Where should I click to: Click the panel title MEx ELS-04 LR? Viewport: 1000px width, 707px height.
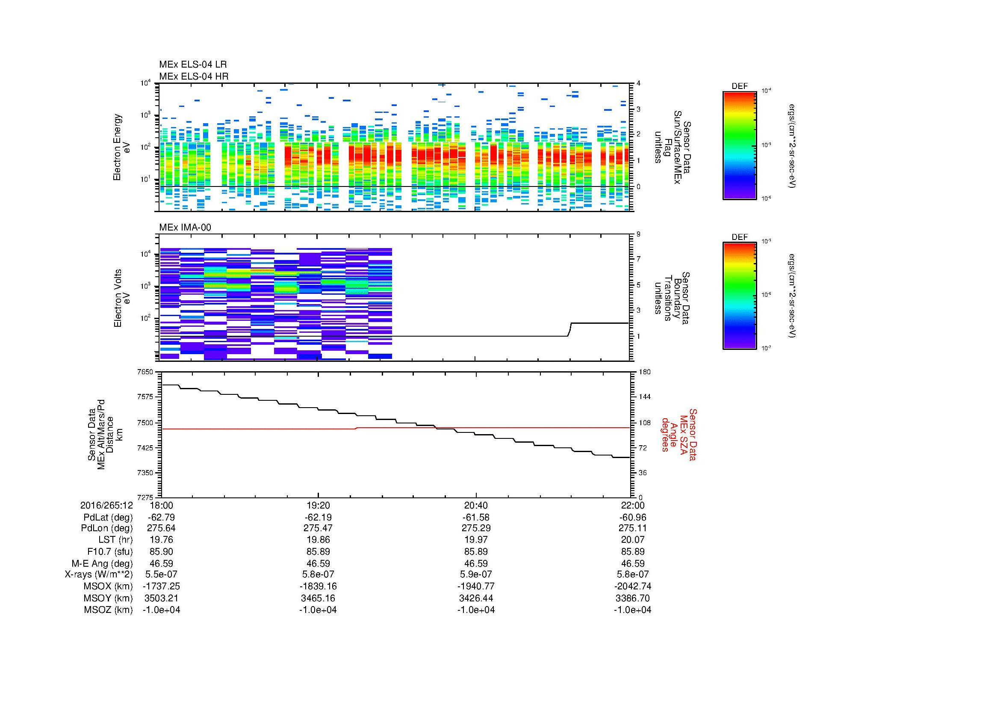tap(192, 65)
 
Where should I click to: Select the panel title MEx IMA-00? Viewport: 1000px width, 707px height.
tap(185, 228)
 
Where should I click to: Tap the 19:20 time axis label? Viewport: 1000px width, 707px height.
tap(318, 505)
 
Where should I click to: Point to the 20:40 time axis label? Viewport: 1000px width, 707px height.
tap(476, 505)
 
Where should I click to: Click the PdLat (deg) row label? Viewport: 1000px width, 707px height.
tap(108, 518)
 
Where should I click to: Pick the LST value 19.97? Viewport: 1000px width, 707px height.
tap(476, 540)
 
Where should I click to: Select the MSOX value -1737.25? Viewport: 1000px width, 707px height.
tap(161, 586)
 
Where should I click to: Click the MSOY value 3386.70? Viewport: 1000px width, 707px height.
tap(632, 598)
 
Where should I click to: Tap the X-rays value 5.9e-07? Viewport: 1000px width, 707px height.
tap(476, 574)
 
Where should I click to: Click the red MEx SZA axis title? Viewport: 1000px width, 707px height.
tap(679, 434)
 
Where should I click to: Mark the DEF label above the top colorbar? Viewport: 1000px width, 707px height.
tap(739, 86)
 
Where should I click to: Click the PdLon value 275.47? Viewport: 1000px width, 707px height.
tap(318, 528)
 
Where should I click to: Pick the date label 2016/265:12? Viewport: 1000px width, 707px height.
tap(106, 505)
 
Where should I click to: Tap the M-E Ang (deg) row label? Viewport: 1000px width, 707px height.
tap(102, 563)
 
